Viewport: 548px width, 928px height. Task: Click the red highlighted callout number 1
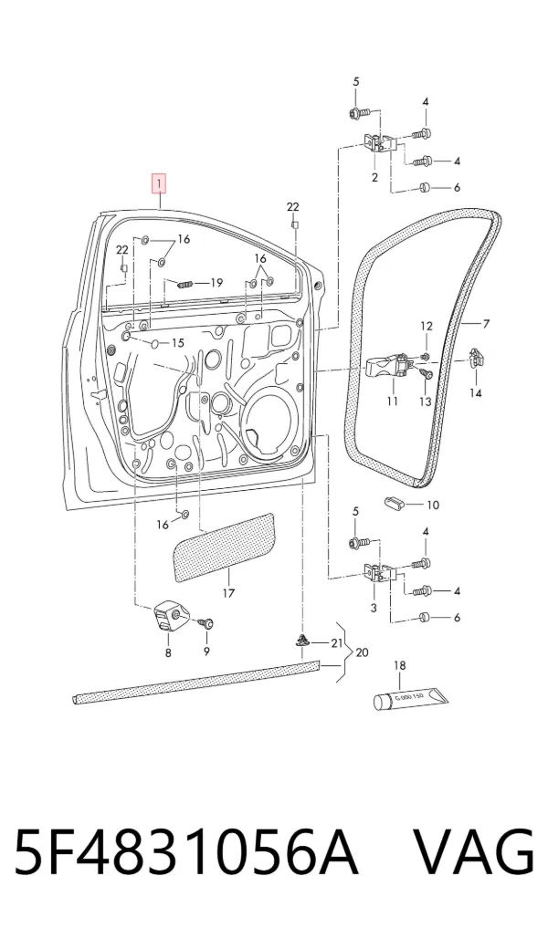pos(158,183)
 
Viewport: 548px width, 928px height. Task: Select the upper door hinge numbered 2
pos(377,143)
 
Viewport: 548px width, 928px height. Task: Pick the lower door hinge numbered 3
pos(377,573)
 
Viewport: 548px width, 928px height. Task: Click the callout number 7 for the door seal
pos(486,324)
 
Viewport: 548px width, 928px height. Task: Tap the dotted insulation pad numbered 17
pos(224,548)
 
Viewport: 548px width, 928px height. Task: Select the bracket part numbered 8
pos(170,617)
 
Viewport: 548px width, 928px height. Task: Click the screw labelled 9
pos(206,622)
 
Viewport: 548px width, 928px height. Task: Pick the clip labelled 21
pos(302,641)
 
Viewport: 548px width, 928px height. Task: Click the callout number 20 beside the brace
pos(362,652)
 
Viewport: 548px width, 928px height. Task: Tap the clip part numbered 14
pos(477,359)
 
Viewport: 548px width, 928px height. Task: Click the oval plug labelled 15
pos(155,343)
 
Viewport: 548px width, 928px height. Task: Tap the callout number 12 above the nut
pos(427,326)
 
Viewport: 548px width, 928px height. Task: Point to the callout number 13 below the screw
pos(426,401)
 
